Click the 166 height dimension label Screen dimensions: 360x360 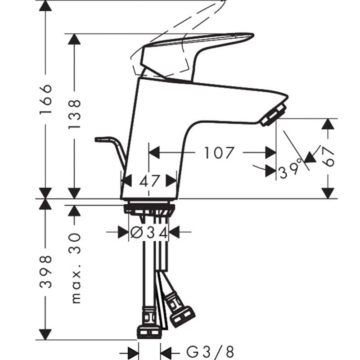46,99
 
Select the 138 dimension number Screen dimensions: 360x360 75,114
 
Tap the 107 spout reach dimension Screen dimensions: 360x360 219,153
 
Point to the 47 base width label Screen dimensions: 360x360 149,181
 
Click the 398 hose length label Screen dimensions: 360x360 45,272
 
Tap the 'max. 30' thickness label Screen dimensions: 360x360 75,268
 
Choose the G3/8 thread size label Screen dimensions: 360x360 210,352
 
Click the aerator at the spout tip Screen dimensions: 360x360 274,115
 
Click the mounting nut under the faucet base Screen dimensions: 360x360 149,208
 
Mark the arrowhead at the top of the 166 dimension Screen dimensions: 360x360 45,6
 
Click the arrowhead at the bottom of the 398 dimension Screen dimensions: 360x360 45,334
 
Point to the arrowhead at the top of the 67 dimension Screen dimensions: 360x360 328,124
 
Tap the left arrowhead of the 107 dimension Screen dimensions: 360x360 154,153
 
